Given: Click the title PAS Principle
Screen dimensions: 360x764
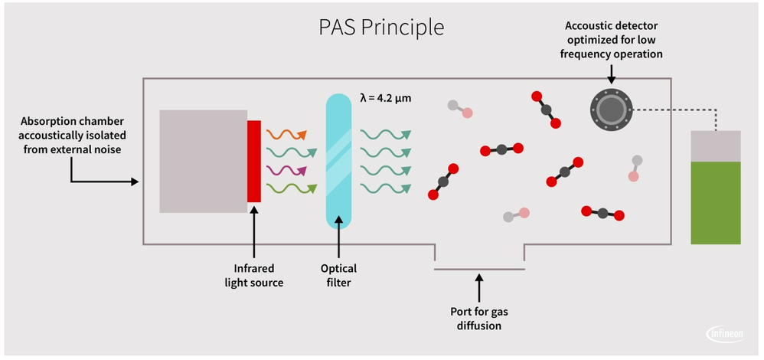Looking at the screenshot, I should click(381, 27).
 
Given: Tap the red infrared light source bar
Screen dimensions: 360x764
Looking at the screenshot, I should click(254, 161).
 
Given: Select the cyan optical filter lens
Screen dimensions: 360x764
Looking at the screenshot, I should click(338, 161).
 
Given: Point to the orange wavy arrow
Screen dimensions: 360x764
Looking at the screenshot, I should click(286, 135).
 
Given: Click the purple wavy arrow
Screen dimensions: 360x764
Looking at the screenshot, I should click(286, 169).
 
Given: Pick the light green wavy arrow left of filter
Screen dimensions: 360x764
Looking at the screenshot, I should click(286, 187).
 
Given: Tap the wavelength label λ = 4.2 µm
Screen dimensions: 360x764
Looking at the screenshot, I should click(386, 97).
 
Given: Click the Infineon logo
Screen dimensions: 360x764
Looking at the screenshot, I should click(724, 334).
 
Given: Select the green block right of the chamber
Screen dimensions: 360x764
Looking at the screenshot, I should click(715, 203).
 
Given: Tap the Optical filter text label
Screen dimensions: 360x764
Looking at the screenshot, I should click(338, 276).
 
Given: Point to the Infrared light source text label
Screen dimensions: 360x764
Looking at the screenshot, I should click(253, 276).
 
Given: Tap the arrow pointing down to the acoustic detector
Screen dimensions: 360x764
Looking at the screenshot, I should click(610, 73).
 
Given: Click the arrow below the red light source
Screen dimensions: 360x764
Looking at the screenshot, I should click(253, 234).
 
